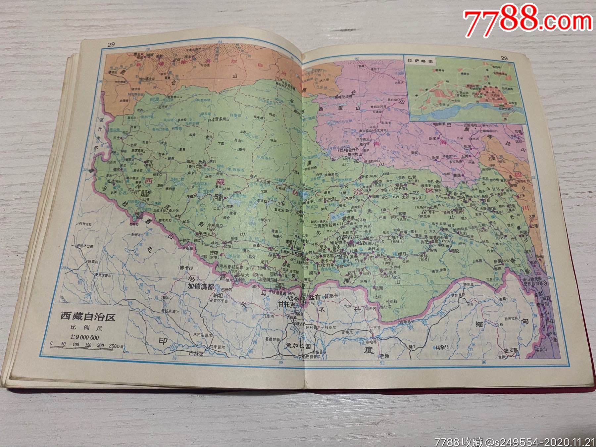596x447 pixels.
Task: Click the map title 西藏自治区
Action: (x=87, y=317)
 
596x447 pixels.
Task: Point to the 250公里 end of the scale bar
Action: (x=115, y=346)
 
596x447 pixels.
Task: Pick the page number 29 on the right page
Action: (x=504, y=58)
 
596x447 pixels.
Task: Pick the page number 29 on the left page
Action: (x=111, y=44)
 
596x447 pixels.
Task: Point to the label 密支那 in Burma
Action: (x=510, y=350)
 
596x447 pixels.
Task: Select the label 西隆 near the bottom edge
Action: (x=385, y=356)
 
